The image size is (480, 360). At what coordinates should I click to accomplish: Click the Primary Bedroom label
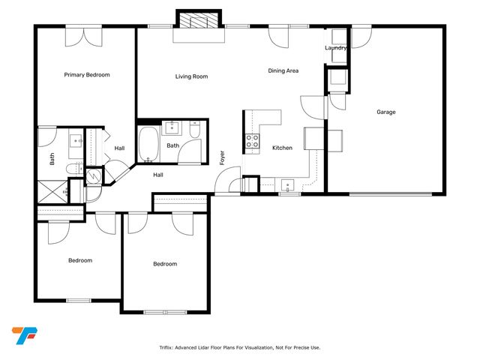(x=87, y=75)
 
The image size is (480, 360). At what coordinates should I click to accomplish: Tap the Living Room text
(x=191, y=76)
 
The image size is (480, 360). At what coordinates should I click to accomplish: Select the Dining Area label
(x=283, y=71)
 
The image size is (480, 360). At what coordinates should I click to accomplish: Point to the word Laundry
(x=336, y=48)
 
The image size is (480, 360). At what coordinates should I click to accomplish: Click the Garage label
(x=386, y=112)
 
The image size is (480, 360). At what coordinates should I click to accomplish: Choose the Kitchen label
(x=282, y=148)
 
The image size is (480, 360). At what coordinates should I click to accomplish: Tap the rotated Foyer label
(x=222, y=157)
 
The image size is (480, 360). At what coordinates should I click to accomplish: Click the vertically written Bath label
(x=52, y=159)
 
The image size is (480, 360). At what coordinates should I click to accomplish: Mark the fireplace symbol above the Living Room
(x=199, y=22)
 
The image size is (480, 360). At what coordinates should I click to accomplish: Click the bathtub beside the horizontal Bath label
(x=148, y=145)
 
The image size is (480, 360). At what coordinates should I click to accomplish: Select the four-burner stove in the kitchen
(x=253, y=139)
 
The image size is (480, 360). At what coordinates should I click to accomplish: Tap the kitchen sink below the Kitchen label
(x=286, y=184)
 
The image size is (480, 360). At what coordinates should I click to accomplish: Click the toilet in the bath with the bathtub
(x=195, y=129)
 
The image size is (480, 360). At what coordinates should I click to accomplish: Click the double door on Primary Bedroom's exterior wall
(x=83, y=34)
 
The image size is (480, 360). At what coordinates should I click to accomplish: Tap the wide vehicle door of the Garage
(x=391, y=194)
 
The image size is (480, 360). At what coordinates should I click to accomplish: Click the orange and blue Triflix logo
(x=24, y=335)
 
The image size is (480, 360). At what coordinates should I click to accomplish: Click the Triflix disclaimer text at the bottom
(x=239, y=347)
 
